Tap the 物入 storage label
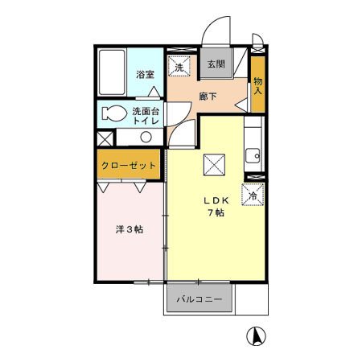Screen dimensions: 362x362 click(x=258, y=85)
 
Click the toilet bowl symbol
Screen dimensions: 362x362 click(x=114, y=113)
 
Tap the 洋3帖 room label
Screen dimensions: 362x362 click(x=129, y=230)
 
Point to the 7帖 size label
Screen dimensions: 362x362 click(x=215, y=213)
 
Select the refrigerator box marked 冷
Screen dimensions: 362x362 click(x=253, y=195)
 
